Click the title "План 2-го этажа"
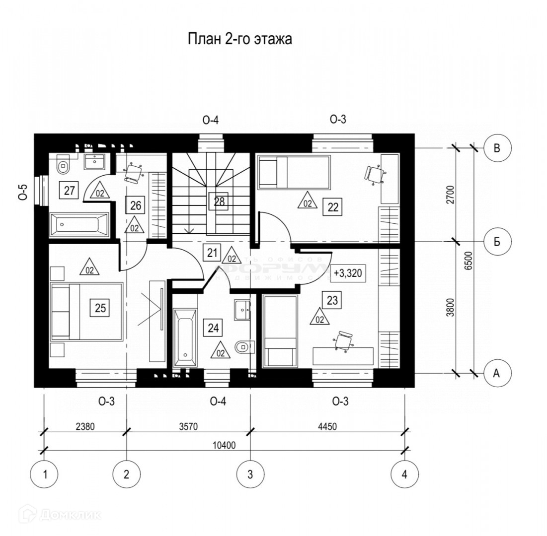tap(239, 39)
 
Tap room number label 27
tap(69, 190)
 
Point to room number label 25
tap(100, 308)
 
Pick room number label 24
tap(213, 328)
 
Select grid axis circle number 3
tap(249, 474)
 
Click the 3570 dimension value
tap(186, 426)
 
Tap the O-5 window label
tap(23, 192)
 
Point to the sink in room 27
tap(94, 161)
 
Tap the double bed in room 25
tap(86, 312)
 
